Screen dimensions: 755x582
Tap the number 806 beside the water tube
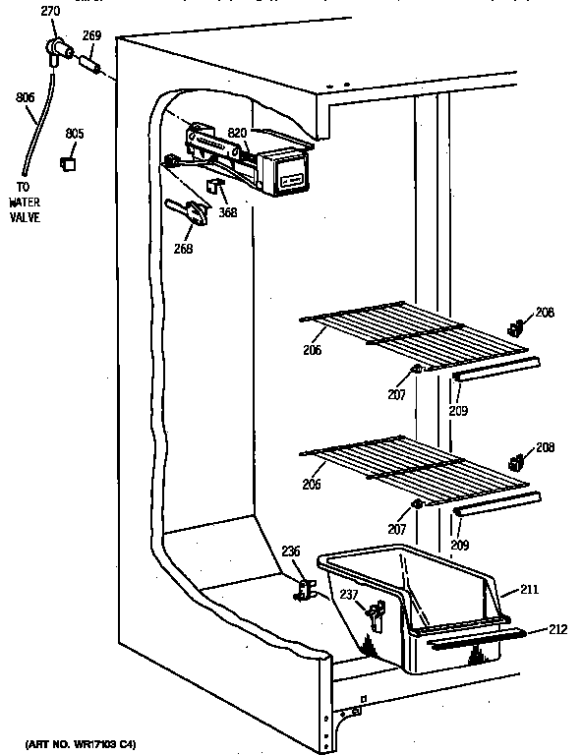point(26,98)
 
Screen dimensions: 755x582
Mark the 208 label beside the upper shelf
point(545,314)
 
